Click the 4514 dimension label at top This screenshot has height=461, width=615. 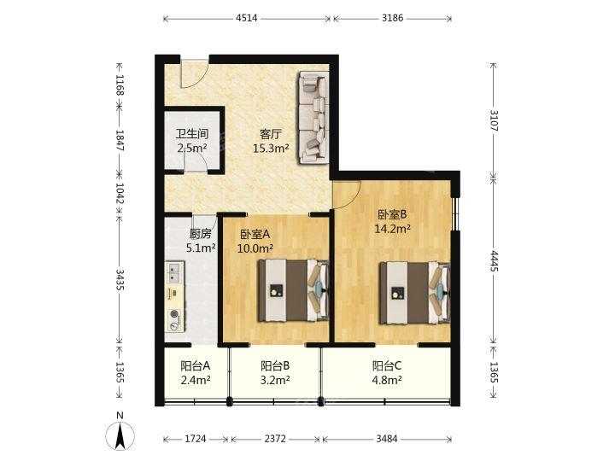(247, 18)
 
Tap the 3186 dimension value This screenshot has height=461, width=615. (392, 18)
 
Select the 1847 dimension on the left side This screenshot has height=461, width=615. (120, 140)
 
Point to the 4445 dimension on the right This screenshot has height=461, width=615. (494, 261)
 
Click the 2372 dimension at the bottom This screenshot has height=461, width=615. (275, 439)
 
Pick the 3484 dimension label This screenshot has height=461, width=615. (387, 439)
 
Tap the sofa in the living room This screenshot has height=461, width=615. (313, 117)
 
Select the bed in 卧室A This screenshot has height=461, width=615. (293, 290)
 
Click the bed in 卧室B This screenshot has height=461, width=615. (414, 293)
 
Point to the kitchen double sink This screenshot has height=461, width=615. (174, 272)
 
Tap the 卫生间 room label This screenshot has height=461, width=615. (192, 134)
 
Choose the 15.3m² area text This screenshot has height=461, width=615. (271, 149)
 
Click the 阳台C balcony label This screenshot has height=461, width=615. (387, 365)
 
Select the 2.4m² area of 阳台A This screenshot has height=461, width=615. (196, 379)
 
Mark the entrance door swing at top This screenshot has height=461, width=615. (191, 74)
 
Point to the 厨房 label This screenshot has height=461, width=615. (200, 234)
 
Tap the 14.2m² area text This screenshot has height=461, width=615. (392, 229)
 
